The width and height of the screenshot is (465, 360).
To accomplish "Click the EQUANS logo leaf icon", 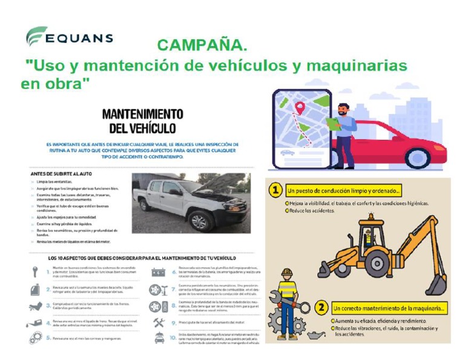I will pos(36,36).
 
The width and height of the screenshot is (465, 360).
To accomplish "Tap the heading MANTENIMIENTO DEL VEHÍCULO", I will pos(142,121).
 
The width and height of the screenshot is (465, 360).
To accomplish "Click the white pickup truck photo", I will pos(191,203).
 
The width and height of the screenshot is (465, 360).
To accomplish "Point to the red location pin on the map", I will pos(299,108).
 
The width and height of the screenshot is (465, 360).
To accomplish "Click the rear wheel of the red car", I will pos(417,158).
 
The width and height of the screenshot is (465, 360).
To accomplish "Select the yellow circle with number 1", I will pos(275,190).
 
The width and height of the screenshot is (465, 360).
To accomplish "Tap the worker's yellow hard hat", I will pos(287,273).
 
